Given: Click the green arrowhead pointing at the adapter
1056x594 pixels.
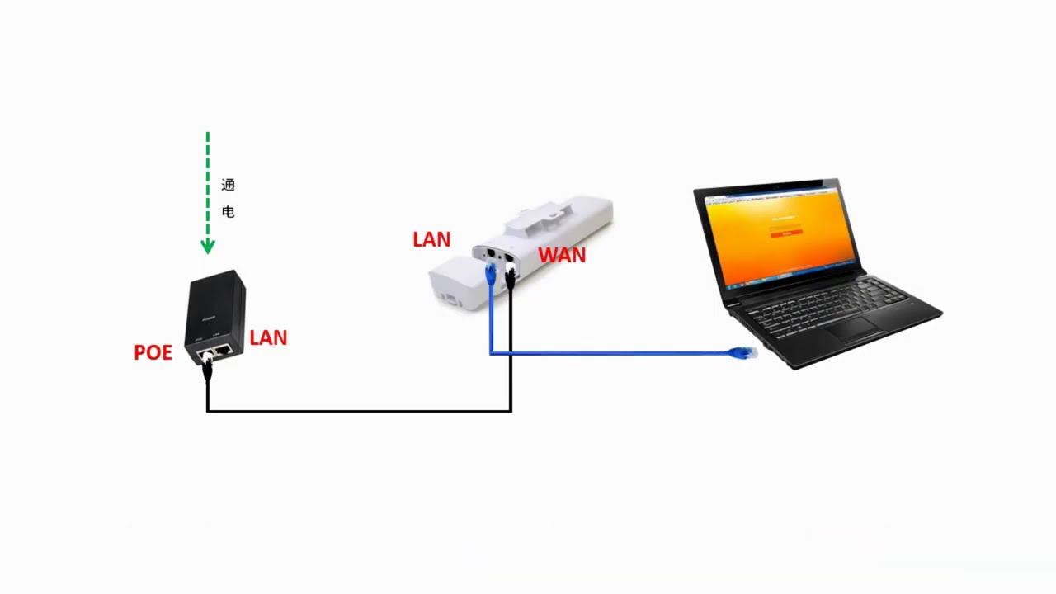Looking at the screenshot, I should tap(208, 246).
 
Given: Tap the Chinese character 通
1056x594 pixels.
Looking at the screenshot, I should tap(229, 185).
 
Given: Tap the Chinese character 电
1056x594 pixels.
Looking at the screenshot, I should tap(229, 212).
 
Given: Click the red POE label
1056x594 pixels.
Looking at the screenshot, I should tap(153, 353).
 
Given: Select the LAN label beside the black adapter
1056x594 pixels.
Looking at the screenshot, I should tap(268, 337).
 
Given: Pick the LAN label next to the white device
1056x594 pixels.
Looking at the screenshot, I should tap(431, 240).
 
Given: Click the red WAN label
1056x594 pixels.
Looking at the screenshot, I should tap(562, 256).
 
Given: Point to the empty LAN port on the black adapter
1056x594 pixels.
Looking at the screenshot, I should tap(223, 350).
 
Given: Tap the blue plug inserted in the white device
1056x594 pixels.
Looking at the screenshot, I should tap(491, 272).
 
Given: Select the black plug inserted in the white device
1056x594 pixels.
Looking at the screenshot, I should tap(510, 276).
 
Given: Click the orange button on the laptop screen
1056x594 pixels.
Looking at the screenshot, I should tap(786, 233).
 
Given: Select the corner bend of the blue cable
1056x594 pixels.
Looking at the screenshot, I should tap(491, 353).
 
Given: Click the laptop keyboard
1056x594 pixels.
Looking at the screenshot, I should tap(825, 305).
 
